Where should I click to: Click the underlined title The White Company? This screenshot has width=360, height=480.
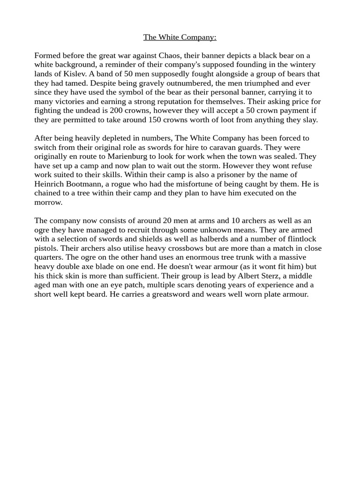[x=180, y=37]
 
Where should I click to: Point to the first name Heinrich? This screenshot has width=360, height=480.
[x=50, y=184]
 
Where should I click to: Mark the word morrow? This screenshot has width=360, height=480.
[x=48, y=202]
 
